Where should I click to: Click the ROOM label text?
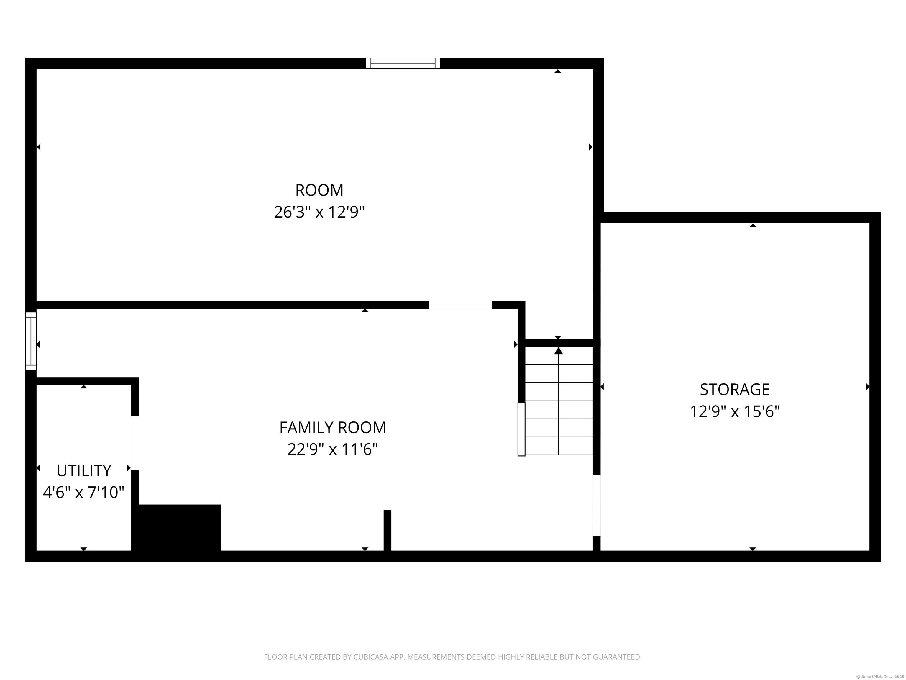click(319, 190)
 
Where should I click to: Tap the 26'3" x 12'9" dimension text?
click(319, 212)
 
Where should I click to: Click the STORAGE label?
click(734, 389)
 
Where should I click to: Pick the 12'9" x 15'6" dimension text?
click(734, 411)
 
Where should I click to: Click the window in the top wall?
click(403, 63)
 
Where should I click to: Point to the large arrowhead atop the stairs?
click(558, 351)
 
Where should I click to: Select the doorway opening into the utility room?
click(135, 443)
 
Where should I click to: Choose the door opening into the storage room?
click(596, 505)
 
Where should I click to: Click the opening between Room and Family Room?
click(460, 305)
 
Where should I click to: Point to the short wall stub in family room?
click(387, 530)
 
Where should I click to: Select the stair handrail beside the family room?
click(521, 429)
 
